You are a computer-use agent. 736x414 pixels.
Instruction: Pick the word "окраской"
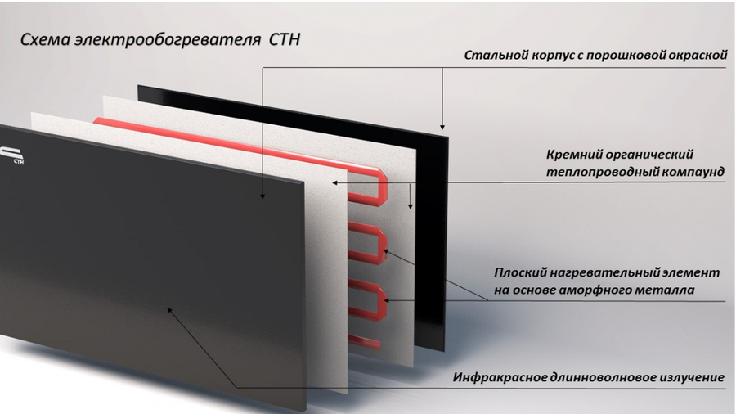tap(695, 56)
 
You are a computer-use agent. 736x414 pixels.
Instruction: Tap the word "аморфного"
tap(602, 290)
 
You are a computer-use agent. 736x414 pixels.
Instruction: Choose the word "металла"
tap(670, 290)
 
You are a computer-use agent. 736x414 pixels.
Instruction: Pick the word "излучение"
tap(691, 377)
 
